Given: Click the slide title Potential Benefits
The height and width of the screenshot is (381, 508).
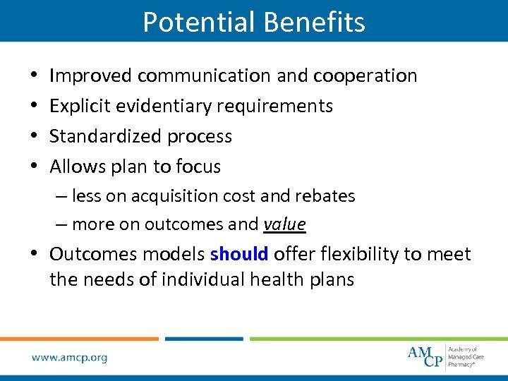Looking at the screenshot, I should click(x=254, y=22).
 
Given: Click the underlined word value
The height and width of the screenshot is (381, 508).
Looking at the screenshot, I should click(x=284, y=224).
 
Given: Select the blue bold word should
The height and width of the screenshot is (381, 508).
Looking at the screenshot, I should click(x=239, y=254).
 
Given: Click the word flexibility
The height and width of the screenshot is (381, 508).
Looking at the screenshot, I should click(x=355, y=254).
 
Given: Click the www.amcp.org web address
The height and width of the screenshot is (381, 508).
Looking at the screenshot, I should click(x=70, y=358).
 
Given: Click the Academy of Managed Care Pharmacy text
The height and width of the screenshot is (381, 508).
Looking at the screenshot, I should click(x=466, y=357).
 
